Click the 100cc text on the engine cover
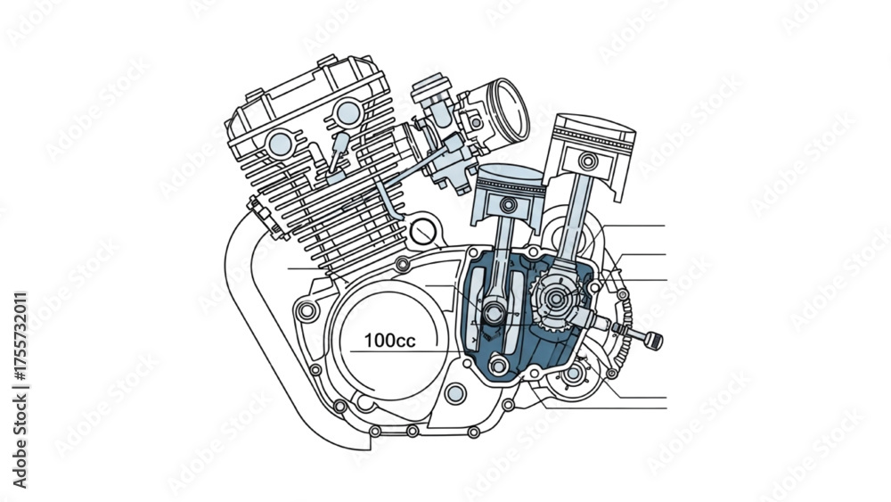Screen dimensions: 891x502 (389, 341)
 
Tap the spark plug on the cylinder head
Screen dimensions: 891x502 (338, 150)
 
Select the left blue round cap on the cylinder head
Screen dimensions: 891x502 (281, 144)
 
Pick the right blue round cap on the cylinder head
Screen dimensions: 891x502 (347, 112)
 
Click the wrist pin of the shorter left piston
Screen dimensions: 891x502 (508, 205)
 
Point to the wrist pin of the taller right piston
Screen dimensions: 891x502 (588, 161)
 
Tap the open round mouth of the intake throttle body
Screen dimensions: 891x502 (510, 110)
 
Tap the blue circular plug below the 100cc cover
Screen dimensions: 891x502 (455, 393)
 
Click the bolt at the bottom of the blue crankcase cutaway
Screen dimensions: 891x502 (498, 365)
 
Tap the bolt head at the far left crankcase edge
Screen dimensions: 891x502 (307, 311)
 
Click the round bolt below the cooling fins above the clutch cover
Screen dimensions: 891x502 (403, 263)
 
